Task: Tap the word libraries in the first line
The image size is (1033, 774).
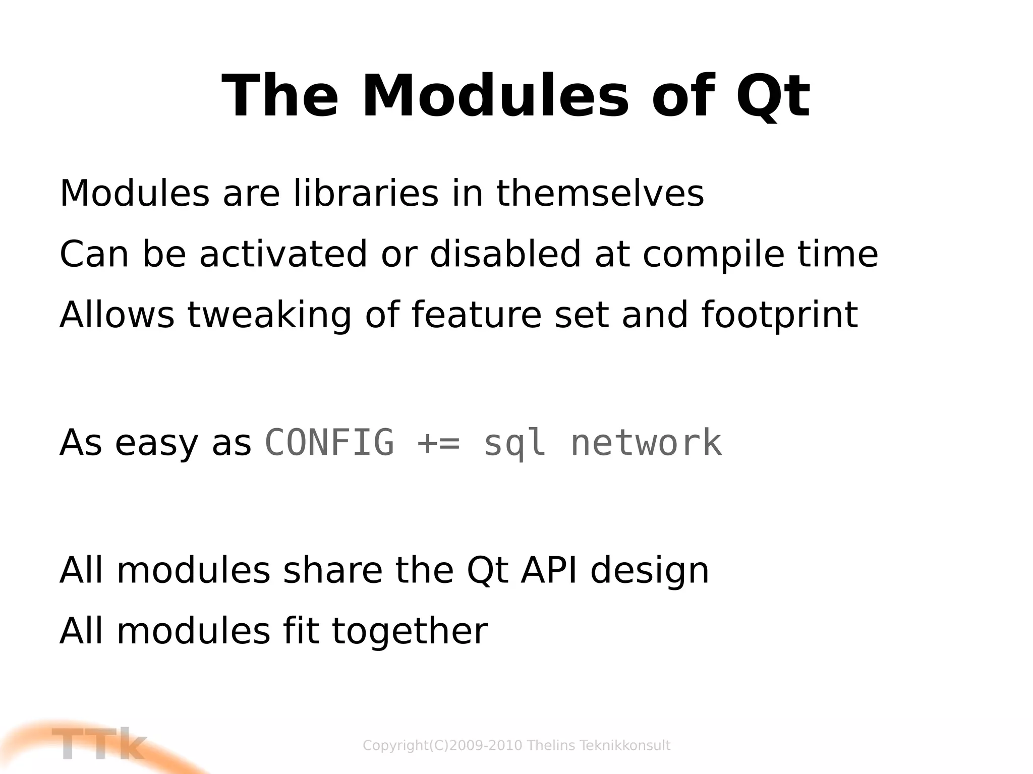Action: coord(366,194)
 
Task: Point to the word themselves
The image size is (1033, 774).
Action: coord(600,194)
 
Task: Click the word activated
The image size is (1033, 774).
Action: coord(283,254)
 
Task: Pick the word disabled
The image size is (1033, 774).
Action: coord(505,254)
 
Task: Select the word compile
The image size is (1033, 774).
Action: coord(713,255)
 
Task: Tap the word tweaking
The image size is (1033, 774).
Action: coord(269,316)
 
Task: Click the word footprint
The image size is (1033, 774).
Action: coord(780,316)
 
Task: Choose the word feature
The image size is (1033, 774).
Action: coord(476,315)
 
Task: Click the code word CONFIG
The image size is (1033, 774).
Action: coord(329,443)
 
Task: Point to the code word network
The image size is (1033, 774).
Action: coord(646,443)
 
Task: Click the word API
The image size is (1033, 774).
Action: coord(549,571)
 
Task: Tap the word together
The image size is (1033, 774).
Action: coord(410,632)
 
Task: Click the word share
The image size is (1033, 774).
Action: coord(333,571)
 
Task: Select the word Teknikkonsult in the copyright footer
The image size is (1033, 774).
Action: coord(625,745)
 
